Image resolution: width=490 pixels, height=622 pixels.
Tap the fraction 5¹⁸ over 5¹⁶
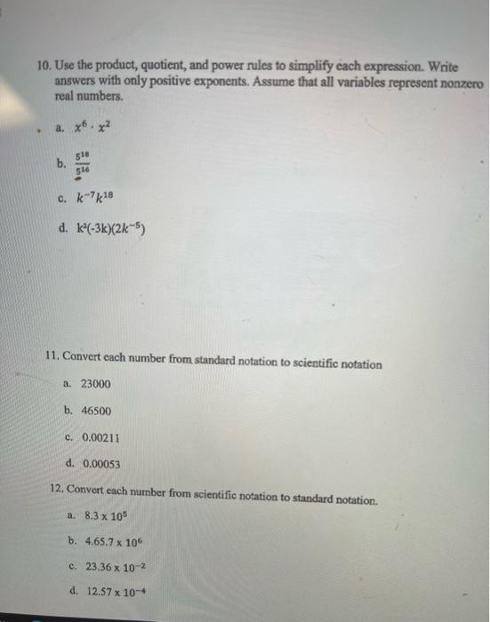coord(83,163)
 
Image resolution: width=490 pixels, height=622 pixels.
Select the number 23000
coord(96,384)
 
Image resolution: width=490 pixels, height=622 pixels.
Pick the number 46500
coord(96,411)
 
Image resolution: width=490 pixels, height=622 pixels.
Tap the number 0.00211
coord(100,438)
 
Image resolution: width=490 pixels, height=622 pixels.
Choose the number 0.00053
coord(100,464)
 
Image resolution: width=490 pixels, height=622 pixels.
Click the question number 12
coord(57,490)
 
